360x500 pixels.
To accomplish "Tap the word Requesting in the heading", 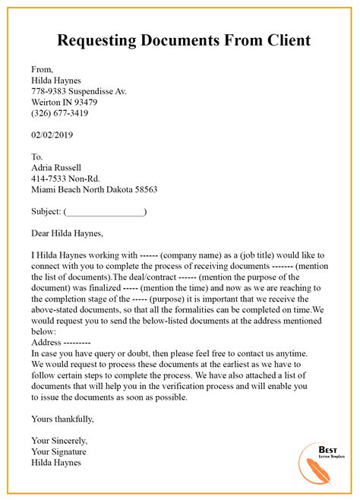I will [99, 40].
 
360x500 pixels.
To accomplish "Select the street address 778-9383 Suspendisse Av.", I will [79, 91].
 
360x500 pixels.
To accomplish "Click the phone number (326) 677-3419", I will [59, 113].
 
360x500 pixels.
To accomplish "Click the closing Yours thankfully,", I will [63, 418].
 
